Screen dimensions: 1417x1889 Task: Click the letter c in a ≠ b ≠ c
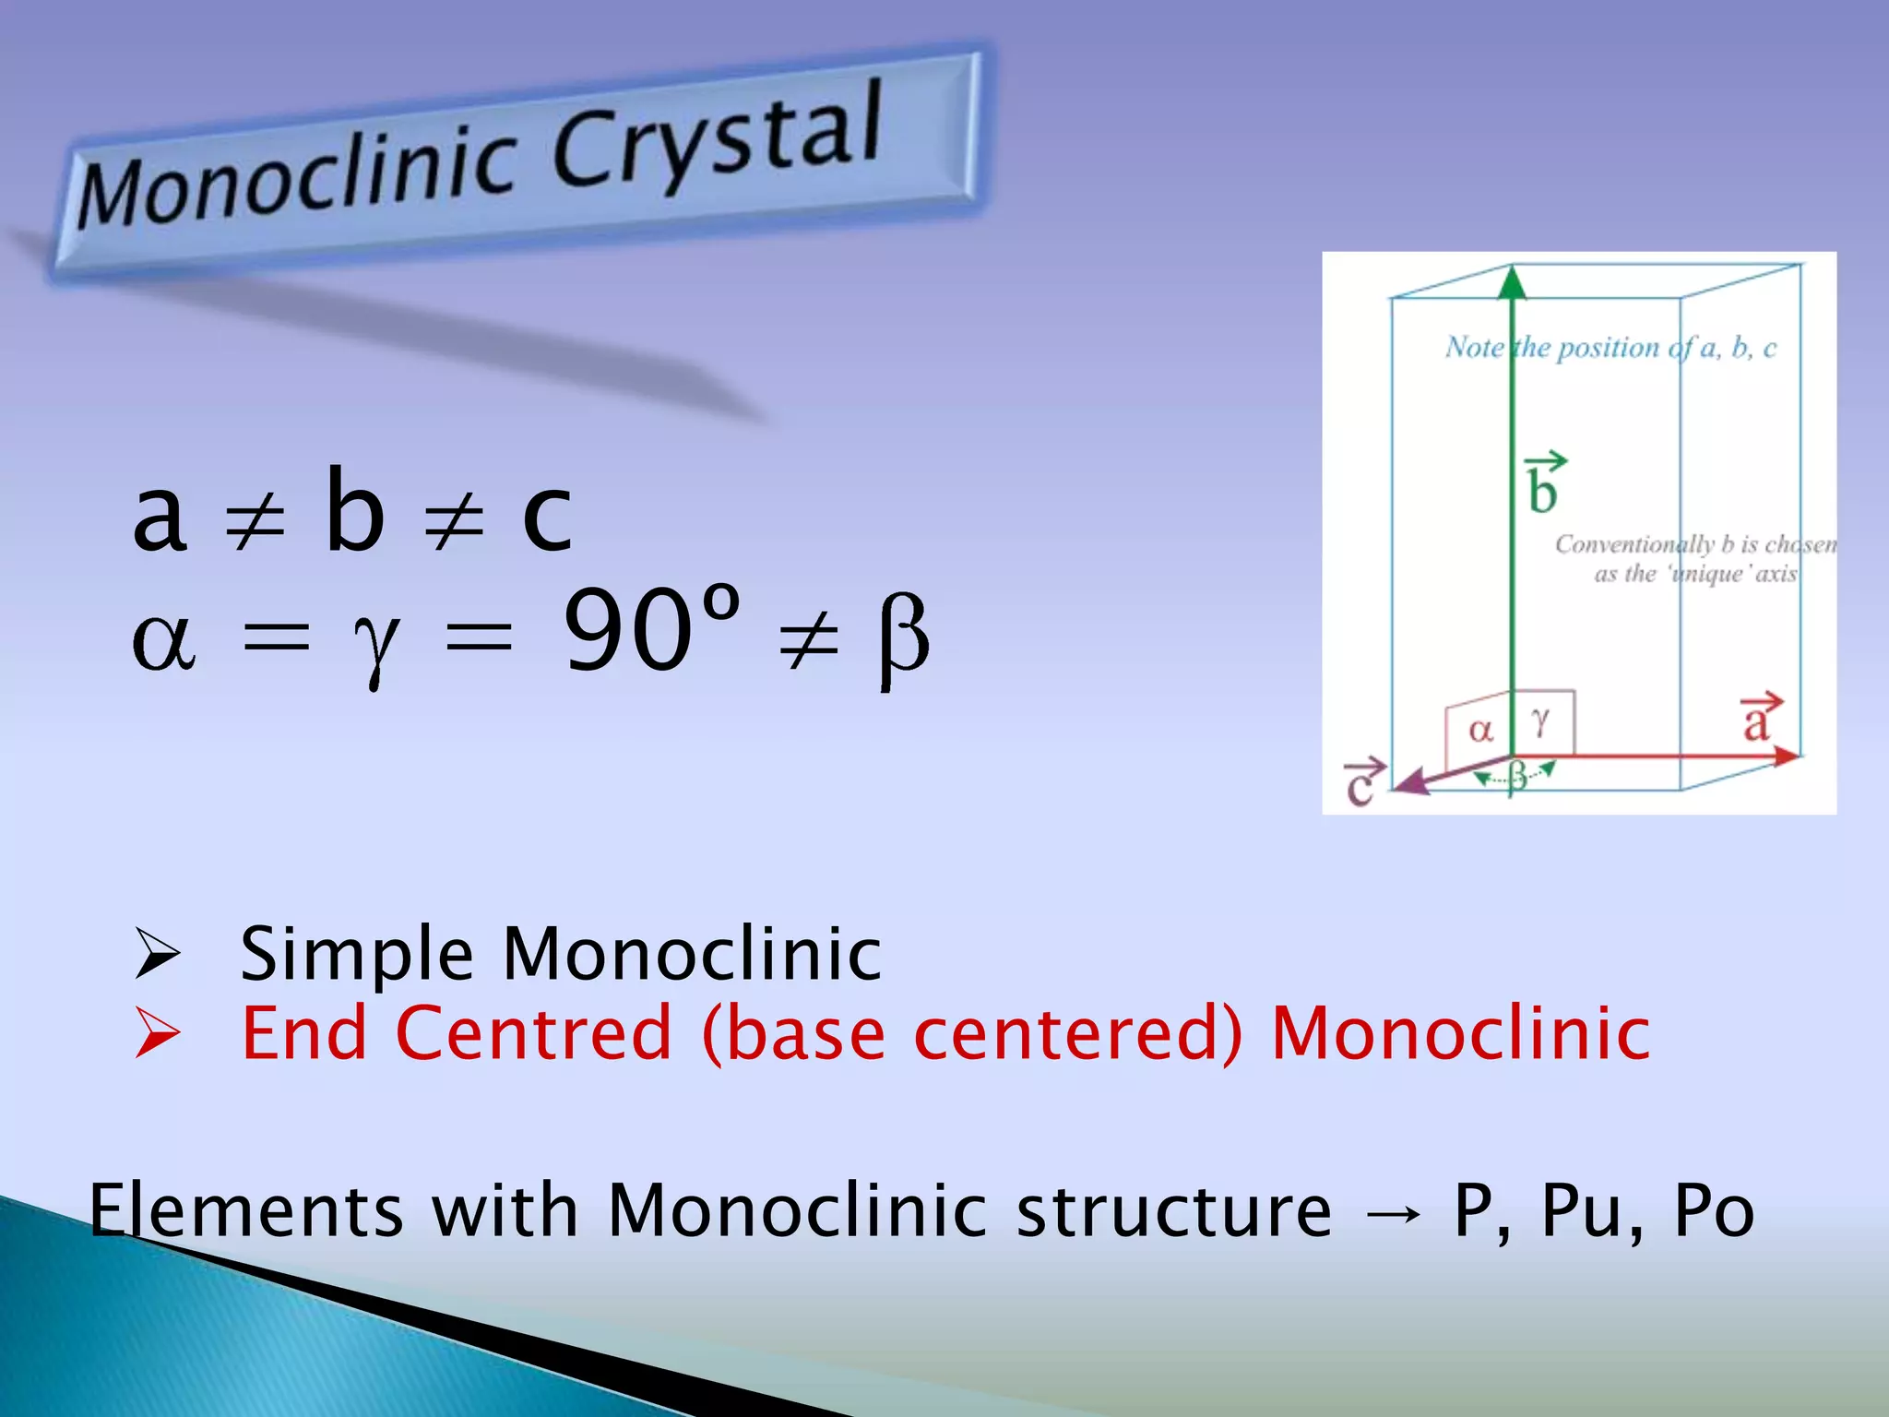546,518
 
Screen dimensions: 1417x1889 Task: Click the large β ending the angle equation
902,638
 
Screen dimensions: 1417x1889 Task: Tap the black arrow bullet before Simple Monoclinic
157,954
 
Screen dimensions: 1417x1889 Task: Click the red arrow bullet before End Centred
157,1033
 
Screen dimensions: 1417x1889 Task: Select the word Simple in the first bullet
356,954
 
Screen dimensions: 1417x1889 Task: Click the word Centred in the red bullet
533,1033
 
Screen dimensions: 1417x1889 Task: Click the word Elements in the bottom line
245,1210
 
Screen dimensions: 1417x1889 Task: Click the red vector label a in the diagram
1757,720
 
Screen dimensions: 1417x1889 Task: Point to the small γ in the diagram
1540,721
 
